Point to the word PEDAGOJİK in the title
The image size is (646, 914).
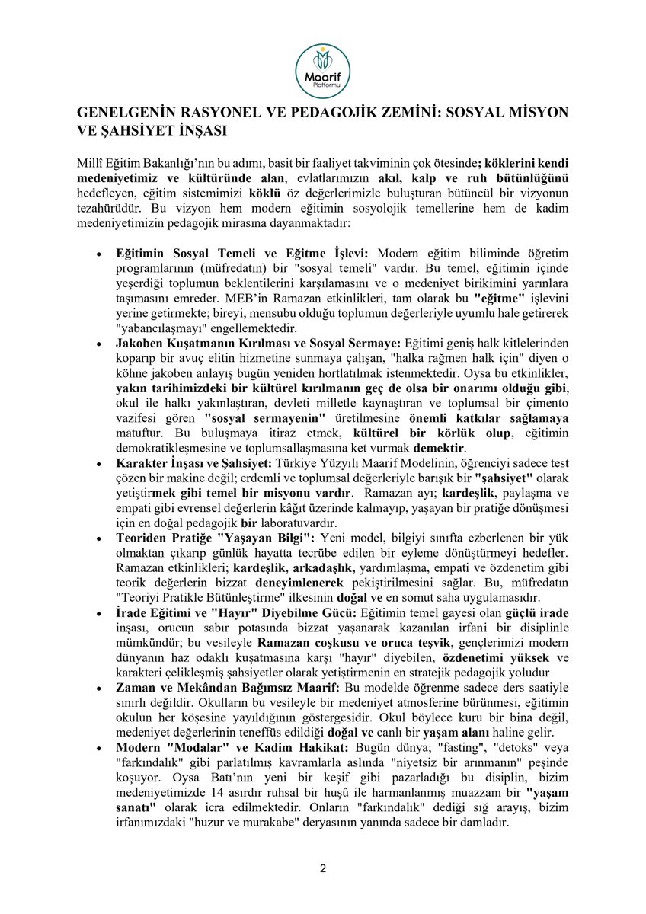[344, 112]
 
